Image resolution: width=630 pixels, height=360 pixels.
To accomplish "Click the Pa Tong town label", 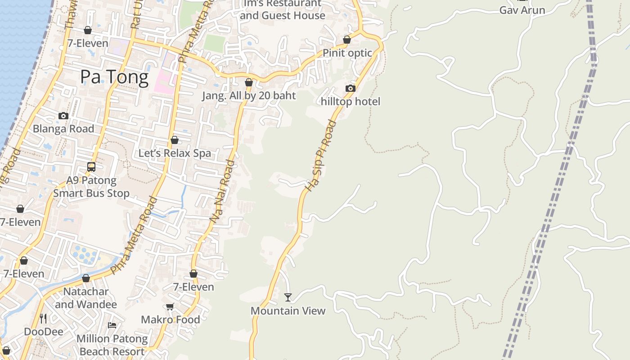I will point(114,77).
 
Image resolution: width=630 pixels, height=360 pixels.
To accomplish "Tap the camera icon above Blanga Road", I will point(63,116).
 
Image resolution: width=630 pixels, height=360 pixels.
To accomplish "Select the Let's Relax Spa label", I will point(175,153).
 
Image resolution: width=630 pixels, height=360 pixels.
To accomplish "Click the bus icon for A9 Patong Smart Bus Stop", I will point(91,167).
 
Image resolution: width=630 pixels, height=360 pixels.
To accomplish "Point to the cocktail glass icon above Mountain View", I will point(288,297).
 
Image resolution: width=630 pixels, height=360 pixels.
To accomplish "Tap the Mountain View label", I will point(288,310).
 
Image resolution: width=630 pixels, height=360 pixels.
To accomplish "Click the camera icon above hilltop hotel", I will point(351,88).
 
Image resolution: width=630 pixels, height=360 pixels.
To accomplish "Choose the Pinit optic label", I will point(347,53).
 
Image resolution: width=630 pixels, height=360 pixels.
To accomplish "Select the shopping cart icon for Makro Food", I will point(170,306).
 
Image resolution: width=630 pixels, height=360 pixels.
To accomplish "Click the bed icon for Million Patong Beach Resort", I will point(112,325).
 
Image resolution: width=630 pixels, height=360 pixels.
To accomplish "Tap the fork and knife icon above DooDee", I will point(43,319).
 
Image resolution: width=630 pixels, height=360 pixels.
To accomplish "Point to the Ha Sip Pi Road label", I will point(320,155).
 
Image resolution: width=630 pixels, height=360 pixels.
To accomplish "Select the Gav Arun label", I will point(522,10).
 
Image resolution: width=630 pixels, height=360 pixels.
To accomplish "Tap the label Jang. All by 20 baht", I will point(249,95).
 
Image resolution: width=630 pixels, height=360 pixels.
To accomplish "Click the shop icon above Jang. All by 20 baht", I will point(249,82).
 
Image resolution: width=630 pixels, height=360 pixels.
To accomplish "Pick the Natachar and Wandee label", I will point(86,298).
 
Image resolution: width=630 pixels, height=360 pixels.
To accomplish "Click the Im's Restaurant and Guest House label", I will point(282,9).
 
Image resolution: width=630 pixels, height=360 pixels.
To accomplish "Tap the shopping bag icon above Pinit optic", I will point(347,40).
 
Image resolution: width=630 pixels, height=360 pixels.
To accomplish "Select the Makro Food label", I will point(171,319).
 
